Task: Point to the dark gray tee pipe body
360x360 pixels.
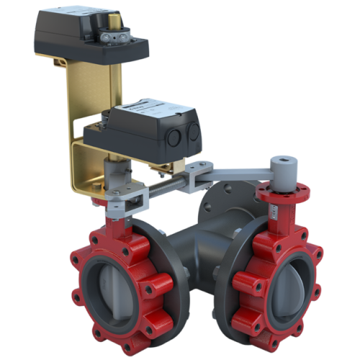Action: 194,252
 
